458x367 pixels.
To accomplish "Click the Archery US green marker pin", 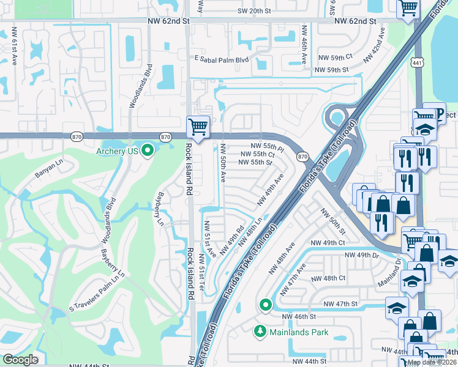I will click(148, 150).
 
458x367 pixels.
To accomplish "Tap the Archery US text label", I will click(118, 151).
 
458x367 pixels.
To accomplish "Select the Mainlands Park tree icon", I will click(260, 332).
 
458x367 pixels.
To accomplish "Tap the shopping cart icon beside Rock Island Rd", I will click(198, 128).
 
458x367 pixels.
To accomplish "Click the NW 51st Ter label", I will click(201, 272).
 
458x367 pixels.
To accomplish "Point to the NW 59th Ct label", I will click(334, 56).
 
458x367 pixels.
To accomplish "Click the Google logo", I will click(21, 360).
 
